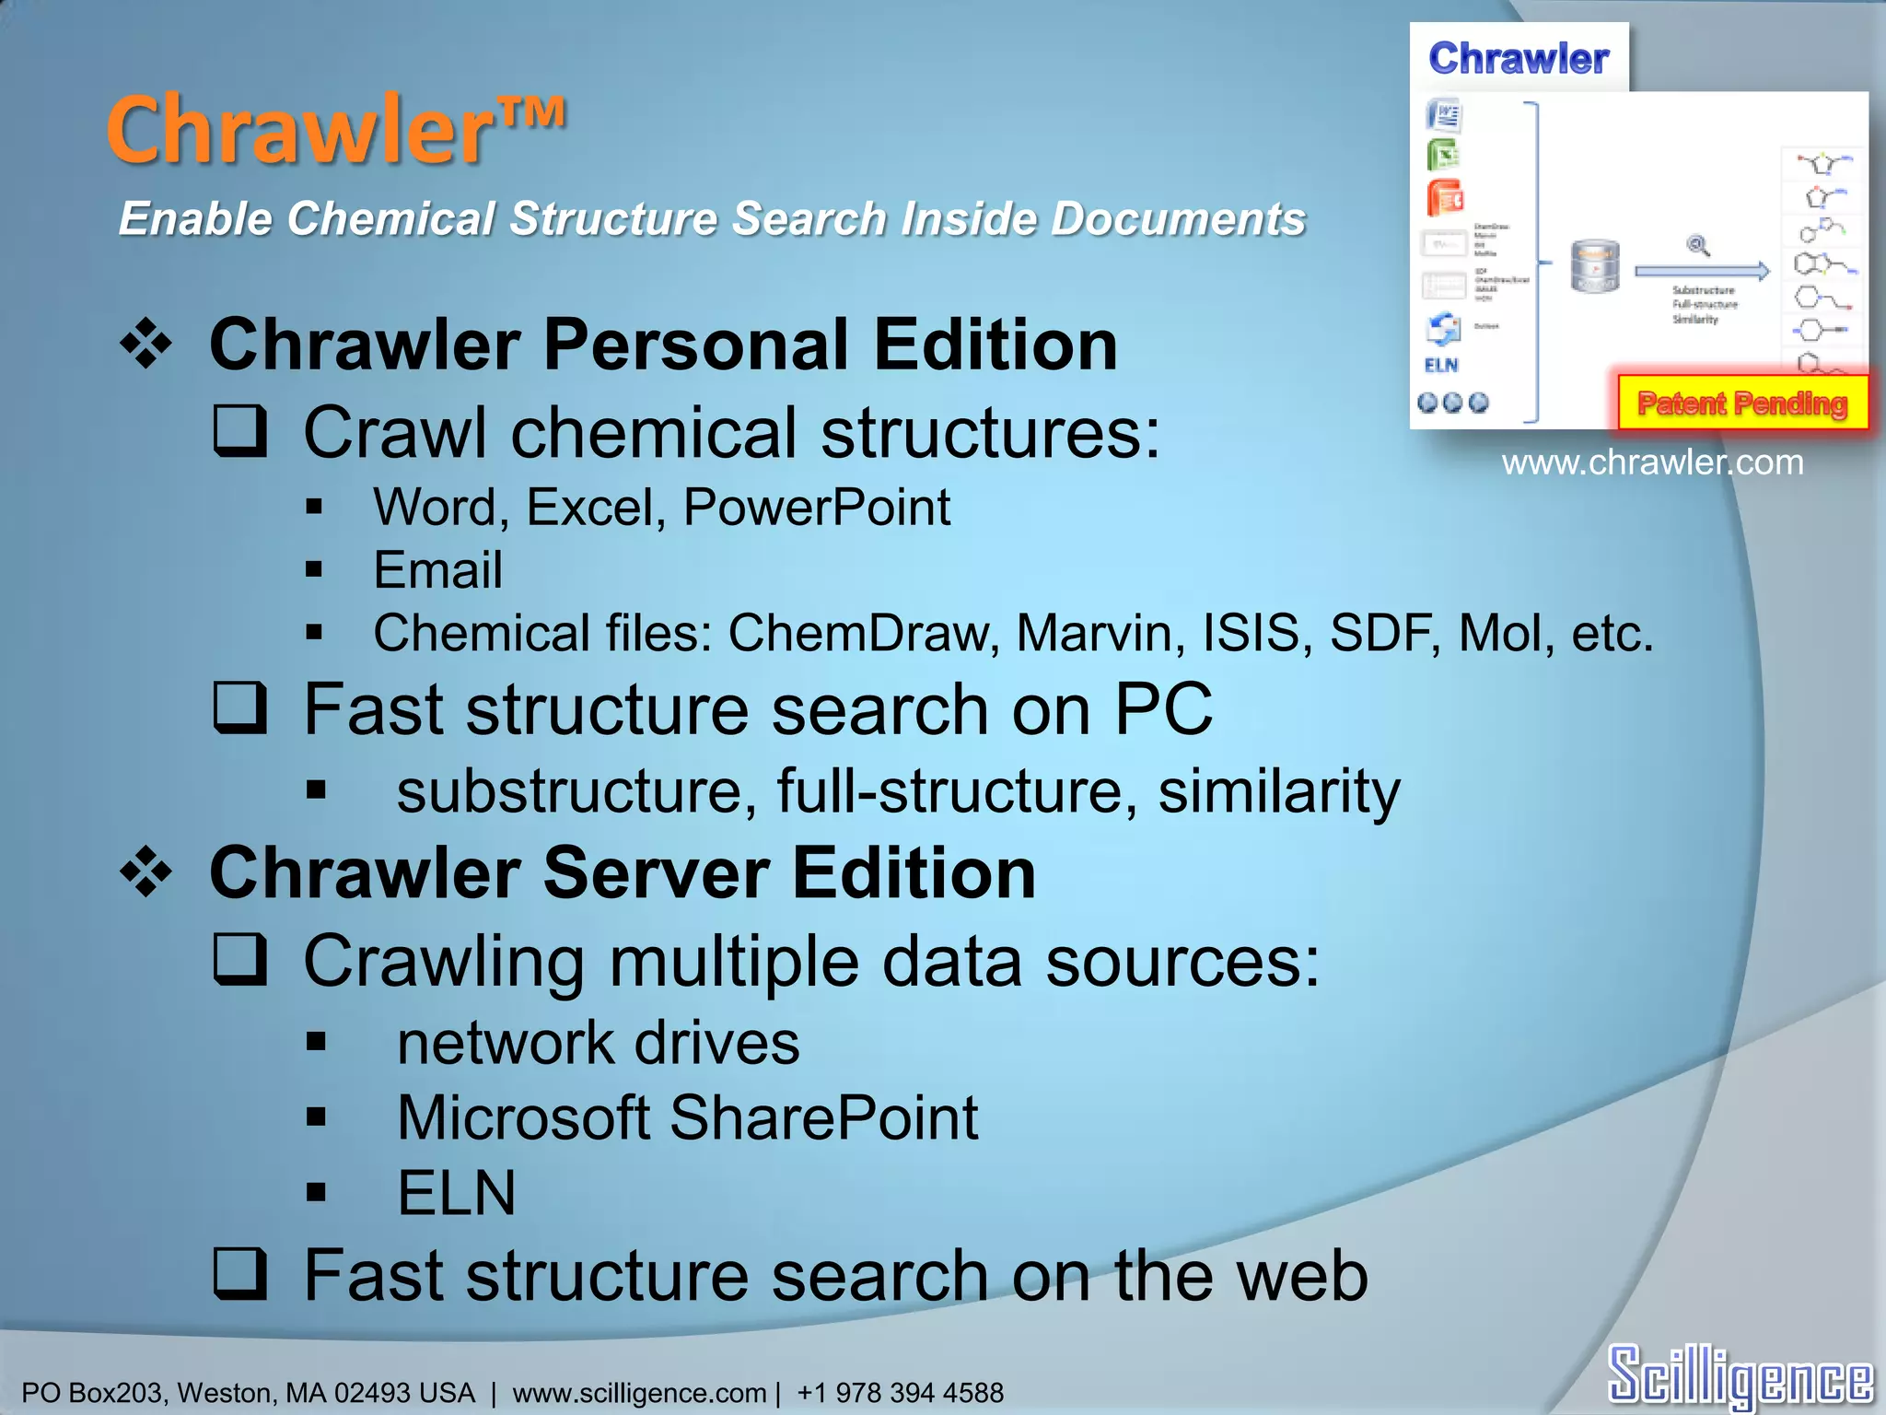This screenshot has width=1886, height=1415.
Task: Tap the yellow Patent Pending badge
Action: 1742,403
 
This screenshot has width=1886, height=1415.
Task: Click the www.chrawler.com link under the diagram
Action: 1652,462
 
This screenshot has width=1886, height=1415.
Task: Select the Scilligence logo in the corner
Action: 1740,1375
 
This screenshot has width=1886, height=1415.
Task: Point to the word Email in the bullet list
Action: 438,569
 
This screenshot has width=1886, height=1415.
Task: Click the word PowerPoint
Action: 817,507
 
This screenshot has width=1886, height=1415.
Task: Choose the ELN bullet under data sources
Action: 457,1193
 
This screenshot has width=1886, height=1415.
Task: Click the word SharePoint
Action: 823,1117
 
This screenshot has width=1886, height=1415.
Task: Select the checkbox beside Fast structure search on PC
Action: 240,707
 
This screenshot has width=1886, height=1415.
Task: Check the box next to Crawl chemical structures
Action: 240,431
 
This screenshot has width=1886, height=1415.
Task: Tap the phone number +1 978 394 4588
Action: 900,1392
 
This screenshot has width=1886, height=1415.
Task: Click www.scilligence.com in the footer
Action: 639,1392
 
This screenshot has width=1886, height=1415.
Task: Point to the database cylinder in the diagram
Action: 1594,266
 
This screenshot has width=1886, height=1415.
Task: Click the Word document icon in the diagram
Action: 1444,117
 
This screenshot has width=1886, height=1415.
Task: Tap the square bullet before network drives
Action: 317,1042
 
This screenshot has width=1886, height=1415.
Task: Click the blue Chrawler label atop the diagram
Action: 1519,58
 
